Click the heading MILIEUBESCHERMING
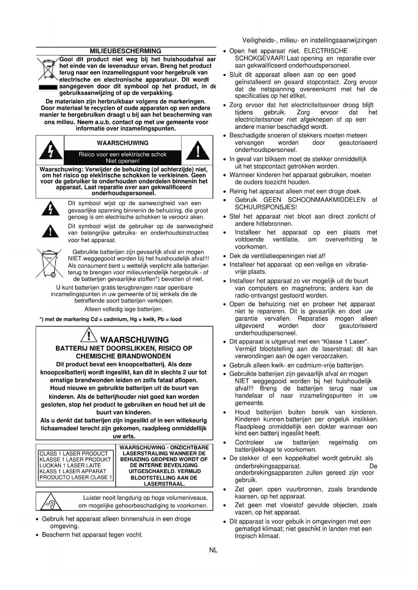tap(125, 51)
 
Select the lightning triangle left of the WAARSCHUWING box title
tap(50, 151)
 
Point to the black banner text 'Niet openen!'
tap(123, 161)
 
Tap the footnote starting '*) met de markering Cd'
tap(110, 319)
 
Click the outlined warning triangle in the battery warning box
tap(88, 336)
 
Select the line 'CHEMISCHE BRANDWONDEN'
tap(123, 356)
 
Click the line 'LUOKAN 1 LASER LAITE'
tap(70, 466)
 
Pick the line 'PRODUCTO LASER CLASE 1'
tap(76, 477)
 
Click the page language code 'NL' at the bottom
tap(213, 550)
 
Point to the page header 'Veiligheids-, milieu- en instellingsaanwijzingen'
tap(309, 40)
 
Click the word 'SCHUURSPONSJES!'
tap(266, 207)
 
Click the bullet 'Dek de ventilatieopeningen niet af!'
tap(277, 256)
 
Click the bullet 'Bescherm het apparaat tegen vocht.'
tap(92, 535)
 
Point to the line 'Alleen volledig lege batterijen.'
tap(124, 309)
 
